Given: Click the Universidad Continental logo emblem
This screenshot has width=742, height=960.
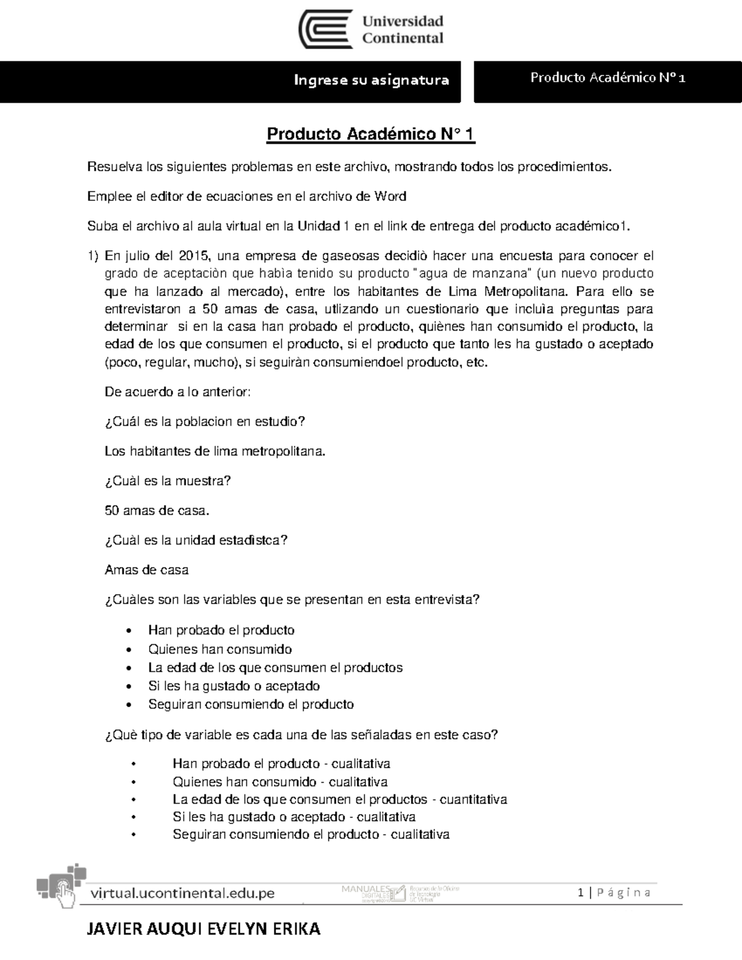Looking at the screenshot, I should [x=326, y=30].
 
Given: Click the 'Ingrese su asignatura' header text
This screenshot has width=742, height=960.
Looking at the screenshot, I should [x=371, y=80].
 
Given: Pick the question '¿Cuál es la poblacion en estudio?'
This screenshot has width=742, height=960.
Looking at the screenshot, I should [x=205, y=422].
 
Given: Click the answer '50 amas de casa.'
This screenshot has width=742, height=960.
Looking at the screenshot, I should [x=157, y=511].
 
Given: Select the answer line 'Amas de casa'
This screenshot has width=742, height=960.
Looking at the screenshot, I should [x=147, y=570].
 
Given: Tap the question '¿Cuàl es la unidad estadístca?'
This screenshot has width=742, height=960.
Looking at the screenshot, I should [x=196, y=540].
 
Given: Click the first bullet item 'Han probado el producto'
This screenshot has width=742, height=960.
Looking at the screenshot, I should [x=221, y=631].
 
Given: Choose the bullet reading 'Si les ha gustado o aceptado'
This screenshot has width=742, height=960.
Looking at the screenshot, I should [x=234, y=686].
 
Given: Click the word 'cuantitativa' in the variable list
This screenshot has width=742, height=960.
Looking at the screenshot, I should [x=473, y=799].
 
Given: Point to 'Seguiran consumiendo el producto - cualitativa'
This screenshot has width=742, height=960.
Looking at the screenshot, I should [x=310, y=835].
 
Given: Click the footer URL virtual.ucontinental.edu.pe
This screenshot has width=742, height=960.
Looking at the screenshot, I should [x=182, y=893].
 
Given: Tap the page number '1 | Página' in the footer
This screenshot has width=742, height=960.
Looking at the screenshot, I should [x=613, y=893].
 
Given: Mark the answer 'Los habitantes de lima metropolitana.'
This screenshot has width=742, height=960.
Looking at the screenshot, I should [x=215, y=451].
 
